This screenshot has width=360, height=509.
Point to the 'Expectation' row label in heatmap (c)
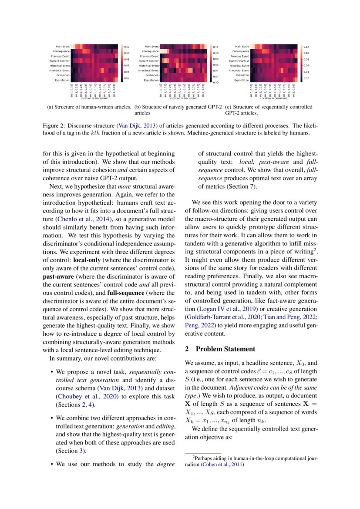click(242, 80)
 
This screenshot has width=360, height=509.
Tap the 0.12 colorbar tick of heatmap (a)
click(127, 47)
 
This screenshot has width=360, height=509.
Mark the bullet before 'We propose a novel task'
click(52, 372)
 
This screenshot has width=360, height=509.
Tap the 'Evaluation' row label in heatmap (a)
click(63, 74)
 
